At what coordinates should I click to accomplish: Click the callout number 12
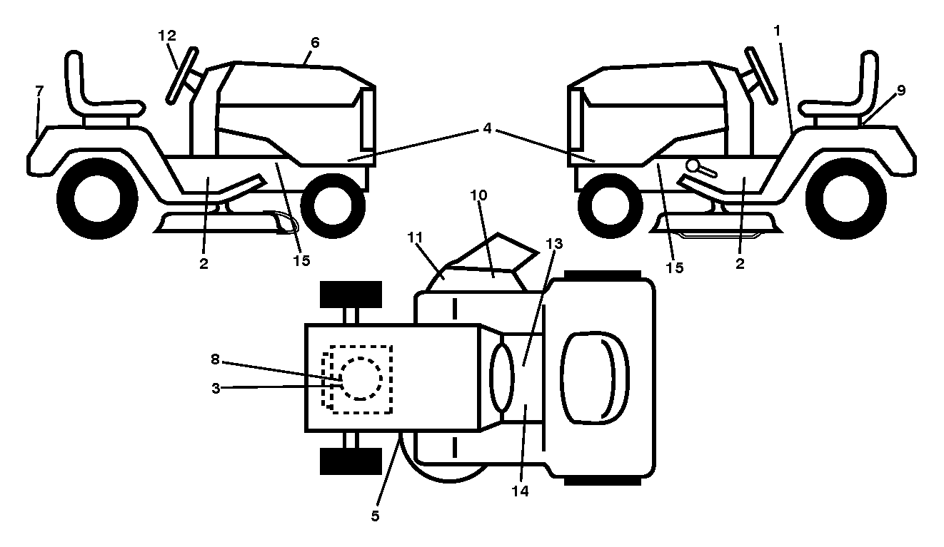167,36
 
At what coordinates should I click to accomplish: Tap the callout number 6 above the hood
315,43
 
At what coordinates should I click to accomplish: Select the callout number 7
39,91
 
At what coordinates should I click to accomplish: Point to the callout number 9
901,91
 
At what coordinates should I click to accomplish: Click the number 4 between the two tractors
487,128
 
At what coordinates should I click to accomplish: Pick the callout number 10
478,195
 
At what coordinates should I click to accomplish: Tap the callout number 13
554,244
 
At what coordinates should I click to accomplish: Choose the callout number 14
520,491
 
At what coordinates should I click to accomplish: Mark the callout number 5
375,516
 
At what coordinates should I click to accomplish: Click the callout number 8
215,359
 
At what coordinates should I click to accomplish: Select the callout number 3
216,389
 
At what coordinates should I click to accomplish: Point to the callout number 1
777,31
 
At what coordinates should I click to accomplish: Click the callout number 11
415,237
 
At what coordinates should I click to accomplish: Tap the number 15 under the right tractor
674,267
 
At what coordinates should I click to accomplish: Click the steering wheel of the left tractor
181,76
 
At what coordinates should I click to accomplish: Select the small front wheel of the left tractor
333,206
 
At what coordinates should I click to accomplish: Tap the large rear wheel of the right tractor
846,198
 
